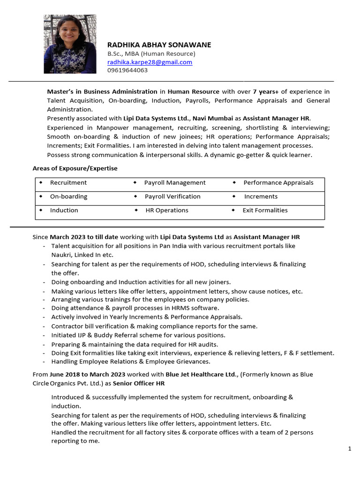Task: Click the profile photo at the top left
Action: click(x=70, y=44)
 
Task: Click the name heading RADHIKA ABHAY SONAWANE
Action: click(x=159, y=45)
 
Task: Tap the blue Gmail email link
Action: click(x=150, y=62)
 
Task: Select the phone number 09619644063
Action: click(x=127, y=70)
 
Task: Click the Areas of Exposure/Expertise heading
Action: click(x=75, y=168)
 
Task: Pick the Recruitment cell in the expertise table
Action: click(x=68, y=183)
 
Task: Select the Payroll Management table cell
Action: click(x=175, y=183)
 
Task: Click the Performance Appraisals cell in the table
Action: click(x=278, y=183)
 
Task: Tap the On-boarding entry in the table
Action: click(x=69, y=196)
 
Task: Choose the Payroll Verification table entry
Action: click(x=172, y=196)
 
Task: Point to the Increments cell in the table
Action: click(x=261, y=196)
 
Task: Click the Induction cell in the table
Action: click(x=64, y=210)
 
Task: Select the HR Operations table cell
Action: click(x=167, y=210)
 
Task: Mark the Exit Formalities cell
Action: click(x=265, y=210)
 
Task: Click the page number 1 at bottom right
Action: click(x=350, y=449)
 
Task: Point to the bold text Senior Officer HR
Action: click(x=139, y=383)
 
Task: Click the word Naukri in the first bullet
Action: click(x=60, y=255)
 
